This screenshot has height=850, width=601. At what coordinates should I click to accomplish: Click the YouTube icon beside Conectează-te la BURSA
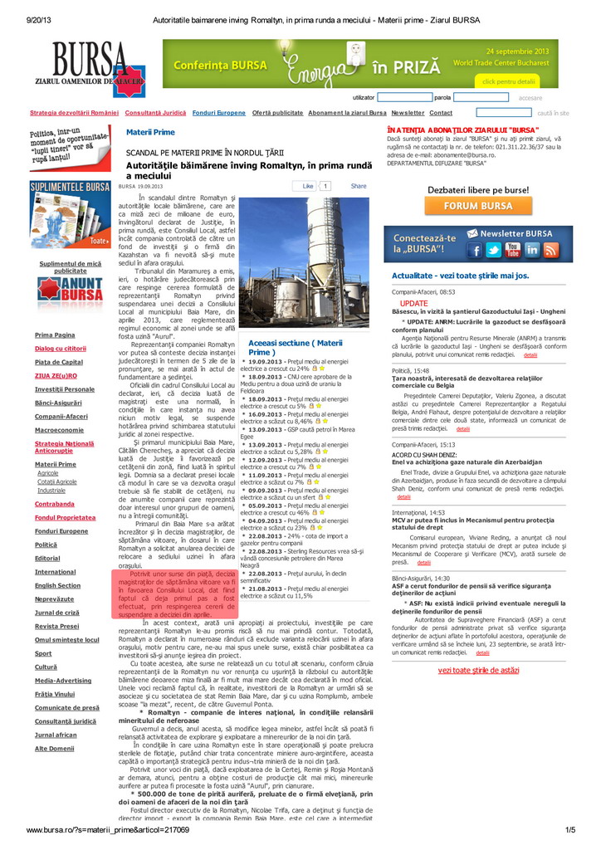coord(513,250)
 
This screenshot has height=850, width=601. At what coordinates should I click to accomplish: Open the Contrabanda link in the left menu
coord(54,504)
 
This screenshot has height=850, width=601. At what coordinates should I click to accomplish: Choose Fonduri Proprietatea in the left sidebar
coord(65,517)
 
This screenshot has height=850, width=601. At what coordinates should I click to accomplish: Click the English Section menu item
coord(57,585)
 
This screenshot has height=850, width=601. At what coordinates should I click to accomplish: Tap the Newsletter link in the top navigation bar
coord(408,113)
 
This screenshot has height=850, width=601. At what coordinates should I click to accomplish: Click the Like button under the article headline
coord(308,187)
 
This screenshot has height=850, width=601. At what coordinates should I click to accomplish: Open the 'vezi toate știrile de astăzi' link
coord(478,670)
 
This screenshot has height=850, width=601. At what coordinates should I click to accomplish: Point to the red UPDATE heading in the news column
coord(414,303)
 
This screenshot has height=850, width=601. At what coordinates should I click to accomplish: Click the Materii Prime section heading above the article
coord(150,133)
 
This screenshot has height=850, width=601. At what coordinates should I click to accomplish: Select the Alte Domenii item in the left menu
coord(54,749)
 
